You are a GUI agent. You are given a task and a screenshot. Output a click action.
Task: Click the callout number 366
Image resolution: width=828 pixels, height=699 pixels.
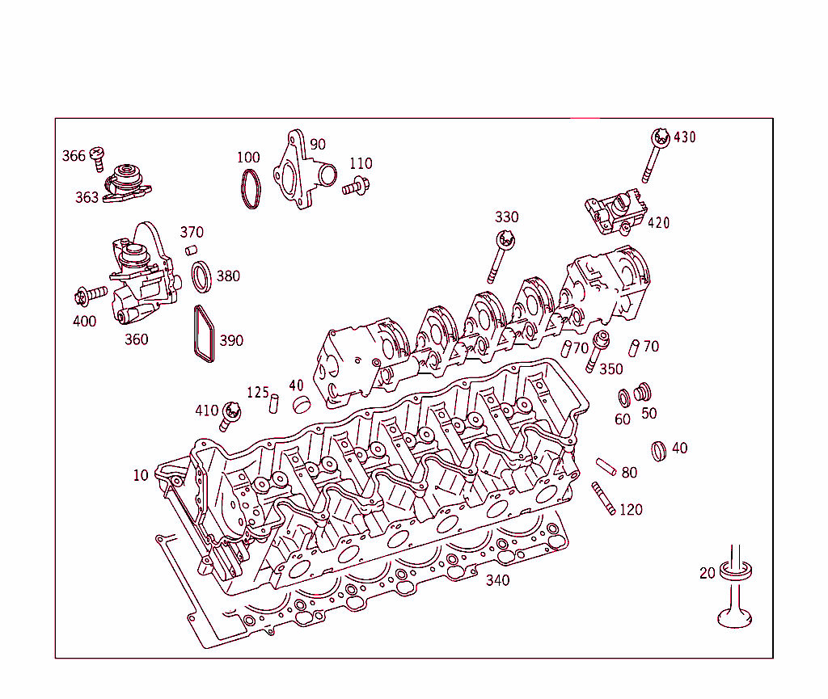pos(74,156)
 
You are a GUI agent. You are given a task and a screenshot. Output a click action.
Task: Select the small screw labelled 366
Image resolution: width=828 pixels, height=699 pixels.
pos(97,158)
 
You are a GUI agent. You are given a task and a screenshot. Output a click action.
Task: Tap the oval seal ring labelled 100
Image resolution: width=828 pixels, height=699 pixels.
pos(251,190)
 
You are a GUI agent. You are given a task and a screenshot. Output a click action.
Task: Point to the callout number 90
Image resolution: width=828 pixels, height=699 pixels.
pos(318,145)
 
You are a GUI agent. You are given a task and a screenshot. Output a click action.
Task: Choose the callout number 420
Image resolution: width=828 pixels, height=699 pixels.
pos(658,223)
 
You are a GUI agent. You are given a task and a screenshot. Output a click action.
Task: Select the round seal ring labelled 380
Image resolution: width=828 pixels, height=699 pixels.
pos(203,277)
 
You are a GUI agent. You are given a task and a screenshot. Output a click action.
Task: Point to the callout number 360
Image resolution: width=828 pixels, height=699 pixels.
pos(136,339)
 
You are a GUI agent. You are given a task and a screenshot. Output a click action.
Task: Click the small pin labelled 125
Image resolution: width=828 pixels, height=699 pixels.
pos(274,402)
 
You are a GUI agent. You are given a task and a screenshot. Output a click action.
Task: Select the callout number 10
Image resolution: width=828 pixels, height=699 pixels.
pos(141,475)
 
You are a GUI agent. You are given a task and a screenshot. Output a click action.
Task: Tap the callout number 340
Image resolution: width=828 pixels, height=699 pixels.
pos(497,580)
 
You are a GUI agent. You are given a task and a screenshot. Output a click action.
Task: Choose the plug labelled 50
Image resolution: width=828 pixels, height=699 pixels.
pos(644,392)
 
